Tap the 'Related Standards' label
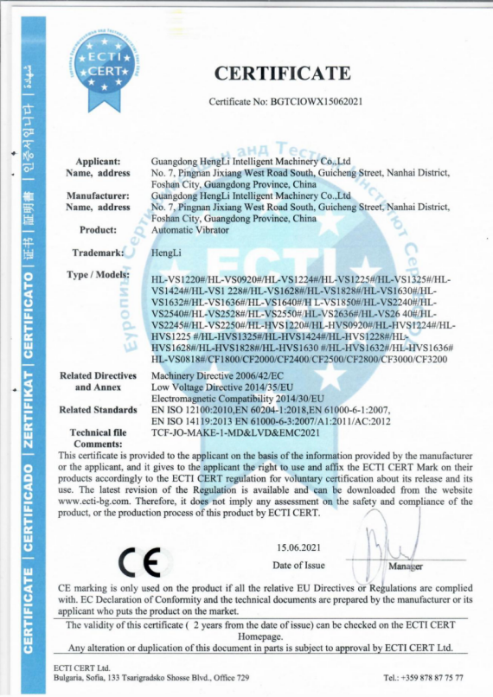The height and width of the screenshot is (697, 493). click(97, 409)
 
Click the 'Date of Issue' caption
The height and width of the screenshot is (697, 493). click(298, 565)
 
